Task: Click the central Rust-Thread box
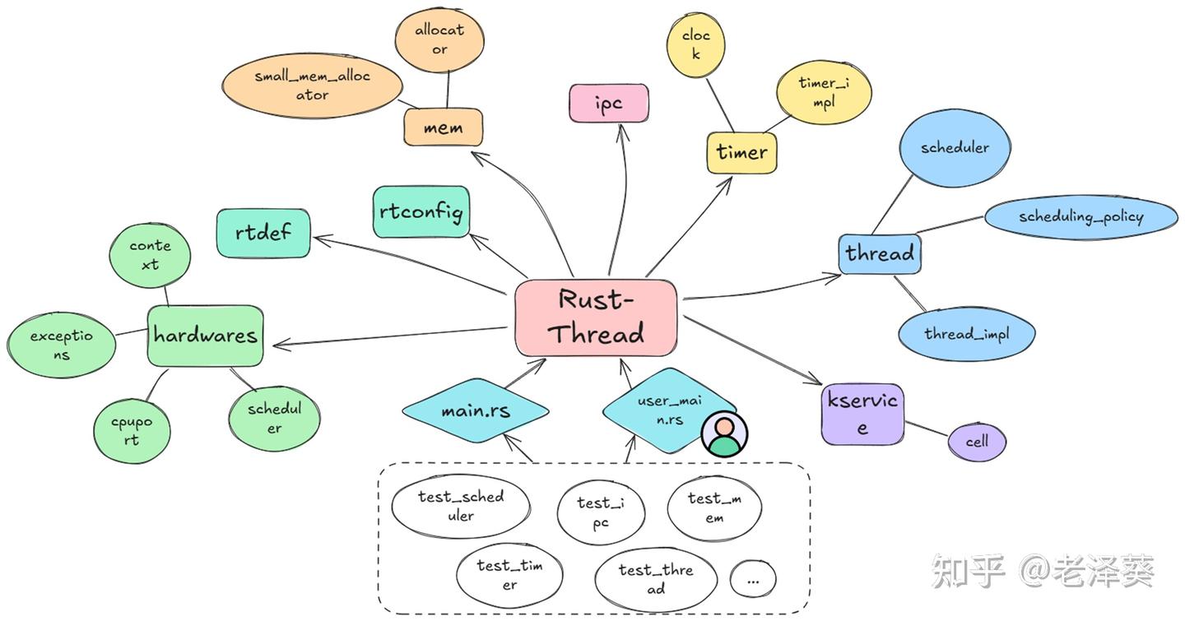[x=597, y=317]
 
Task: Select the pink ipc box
[x=608, y=104]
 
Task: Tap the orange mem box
[x=443, y=128]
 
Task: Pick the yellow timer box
[x=741, y=152]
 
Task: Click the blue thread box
[x=880, y=253]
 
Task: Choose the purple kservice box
[x=862, y=415]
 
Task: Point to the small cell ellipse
[x=977, y=442]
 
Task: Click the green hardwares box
[x=205, y=336]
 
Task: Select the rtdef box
[x=263, y=233]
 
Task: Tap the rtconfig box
[x=421, y=212]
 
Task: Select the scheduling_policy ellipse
[x=1080, y=217]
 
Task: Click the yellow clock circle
[x=695, y=44]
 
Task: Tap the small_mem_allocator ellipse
[x=312, y=86]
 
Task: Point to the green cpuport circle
[x=132, y=431]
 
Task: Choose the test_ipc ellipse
[x=601, y=512]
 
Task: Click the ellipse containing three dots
[x=753, y=579]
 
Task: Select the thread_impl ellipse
[x=966, y=334]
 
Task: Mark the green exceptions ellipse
[x=62, y=345]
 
